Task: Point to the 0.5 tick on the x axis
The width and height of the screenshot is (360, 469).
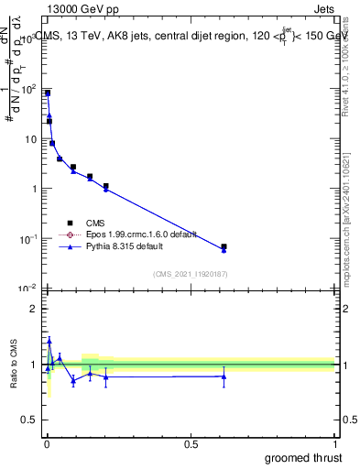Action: (191, 444)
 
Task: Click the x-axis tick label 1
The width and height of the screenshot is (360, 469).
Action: (334, 444)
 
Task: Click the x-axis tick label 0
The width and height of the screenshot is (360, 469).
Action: (47, 444)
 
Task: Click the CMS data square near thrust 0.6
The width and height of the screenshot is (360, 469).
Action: (224, 246)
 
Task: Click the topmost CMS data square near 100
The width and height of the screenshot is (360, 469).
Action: (48, 93)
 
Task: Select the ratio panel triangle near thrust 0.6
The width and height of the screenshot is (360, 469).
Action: (224, 376)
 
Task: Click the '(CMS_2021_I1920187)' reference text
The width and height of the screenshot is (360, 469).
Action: (191, 274)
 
